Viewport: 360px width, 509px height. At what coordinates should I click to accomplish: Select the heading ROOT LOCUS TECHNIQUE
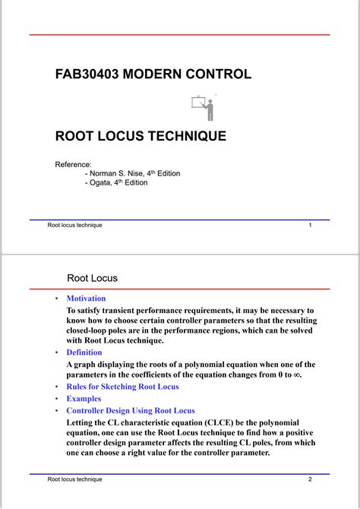(141, 137)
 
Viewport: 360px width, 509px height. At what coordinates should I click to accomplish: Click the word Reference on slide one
(73, 164)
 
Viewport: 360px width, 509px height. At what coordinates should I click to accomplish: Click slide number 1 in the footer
(311, 226)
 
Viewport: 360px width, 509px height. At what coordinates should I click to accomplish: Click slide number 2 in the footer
(311, 479)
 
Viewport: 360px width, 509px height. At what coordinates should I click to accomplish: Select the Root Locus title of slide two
(93, 279)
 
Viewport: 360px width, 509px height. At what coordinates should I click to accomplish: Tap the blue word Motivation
(86, 299)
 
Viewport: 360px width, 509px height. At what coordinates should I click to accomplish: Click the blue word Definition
(84, 353)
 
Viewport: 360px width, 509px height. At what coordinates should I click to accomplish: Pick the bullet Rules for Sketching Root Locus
(122, 387)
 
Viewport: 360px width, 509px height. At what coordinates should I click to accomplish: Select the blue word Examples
(84, 398)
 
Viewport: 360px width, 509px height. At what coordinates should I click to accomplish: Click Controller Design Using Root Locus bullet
(131, 410)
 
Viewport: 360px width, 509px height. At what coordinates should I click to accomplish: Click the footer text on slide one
(74, 226)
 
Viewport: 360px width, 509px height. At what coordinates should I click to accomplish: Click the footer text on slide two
(74, 479)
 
